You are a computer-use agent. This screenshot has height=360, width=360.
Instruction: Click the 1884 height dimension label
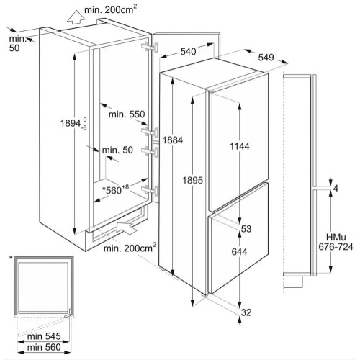tap(173, 140)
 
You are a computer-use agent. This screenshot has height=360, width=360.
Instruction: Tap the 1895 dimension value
tap(193, 180)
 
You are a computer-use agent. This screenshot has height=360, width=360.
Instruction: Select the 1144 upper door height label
tap(240, 146)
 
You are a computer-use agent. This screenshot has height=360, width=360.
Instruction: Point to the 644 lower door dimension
tap(240, 252)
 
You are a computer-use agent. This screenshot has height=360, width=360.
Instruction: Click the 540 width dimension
tap(188, 51)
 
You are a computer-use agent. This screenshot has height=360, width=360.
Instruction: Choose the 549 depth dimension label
tap(266, 58)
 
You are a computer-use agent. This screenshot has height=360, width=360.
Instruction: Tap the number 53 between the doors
tap(246, 229)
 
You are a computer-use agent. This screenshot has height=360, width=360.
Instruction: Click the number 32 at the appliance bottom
tap(246, 312)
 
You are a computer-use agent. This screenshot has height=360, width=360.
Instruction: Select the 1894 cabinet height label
tap(73, 123)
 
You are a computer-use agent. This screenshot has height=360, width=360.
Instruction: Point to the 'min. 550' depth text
tap(127, 114)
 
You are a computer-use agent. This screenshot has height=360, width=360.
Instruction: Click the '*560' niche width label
tap(116, 189)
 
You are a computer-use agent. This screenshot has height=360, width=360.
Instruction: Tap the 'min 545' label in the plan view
tap(44, 336)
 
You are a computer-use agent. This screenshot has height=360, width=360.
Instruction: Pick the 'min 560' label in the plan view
tap(44, 347)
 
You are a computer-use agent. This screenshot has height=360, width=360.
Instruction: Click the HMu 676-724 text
tap(336, 242)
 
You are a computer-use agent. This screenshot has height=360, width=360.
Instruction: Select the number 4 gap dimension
tap(336, 189)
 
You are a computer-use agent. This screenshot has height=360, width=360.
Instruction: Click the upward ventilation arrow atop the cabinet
tap(76, 17)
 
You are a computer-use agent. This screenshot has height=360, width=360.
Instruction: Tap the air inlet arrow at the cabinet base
tap(127, 228)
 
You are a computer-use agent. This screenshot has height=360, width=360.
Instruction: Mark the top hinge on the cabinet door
tap(150, 47)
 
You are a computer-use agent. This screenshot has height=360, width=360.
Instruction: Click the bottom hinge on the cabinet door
tap(150, 191)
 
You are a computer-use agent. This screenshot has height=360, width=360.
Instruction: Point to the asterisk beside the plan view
tap(11, 258)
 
